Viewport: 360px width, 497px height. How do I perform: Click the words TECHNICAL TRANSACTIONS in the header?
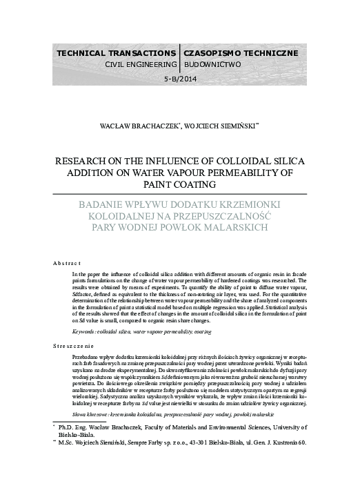coord(116,52)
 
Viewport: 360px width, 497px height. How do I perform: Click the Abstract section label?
coord(67,263)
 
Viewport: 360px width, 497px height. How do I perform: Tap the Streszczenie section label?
coord(73,344)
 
